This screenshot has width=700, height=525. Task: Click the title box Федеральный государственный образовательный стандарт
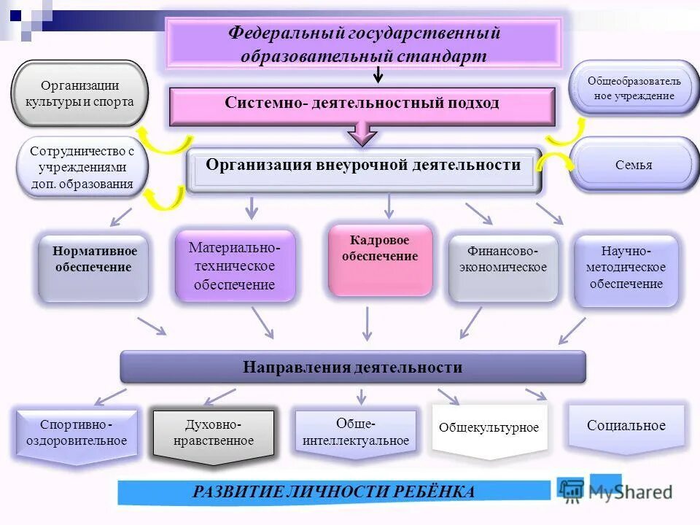364,44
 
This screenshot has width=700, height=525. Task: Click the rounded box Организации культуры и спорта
79,93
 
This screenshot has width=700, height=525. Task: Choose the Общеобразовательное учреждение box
634,88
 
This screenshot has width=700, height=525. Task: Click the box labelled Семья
634,165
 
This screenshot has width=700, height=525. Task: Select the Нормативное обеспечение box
93,267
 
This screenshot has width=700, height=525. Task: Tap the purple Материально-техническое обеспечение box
235,265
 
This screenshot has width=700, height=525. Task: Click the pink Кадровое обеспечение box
380,260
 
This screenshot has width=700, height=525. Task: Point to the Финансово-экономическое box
503,267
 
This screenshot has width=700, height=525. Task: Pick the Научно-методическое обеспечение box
626,269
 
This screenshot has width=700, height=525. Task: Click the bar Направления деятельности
353,367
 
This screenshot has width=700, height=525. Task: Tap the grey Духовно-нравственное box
214,434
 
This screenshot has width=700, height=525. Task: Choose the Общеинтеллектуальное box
356,432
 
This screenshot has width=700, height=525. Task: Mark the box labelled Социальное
626,427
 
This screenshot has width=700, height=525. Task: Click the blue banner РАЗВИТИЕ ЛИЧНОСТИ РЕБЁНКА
334,492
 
